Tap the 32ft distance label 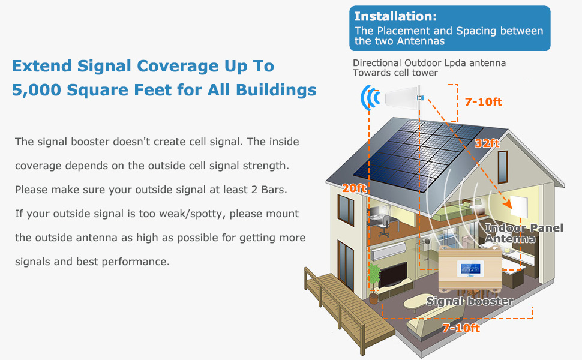tap(487, 143)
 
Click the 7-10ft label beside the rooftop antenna tap(483, 101)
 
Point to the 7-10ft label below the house tap(461, 328)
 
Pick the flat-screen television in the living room tap(394, 274)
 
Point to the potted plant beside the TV tap(374, 278)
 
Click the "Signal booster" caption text tap(470, 301)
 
